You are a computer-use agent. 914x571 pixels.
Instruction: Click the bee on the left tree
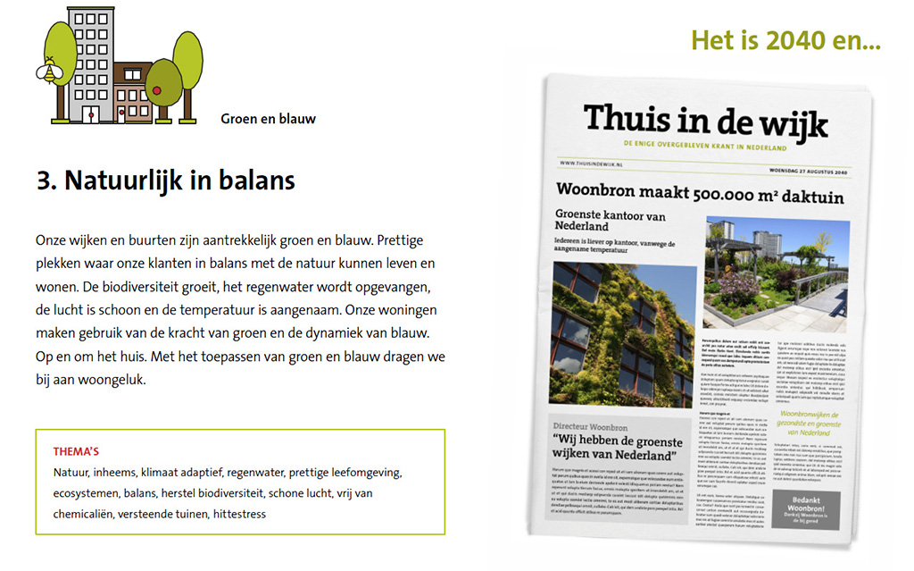coord(45,71)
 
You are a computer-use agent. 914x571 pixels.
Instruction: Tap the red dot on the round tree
coord(158,90)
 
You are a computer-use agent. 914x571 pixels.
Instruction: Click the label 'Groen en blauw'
coord(268,118)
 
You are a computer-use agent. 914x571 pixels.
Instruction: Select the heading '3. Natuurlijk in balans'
coord(165,181)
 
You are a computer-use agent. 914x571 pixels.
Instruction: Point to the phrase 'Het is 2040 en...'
coord(785,41)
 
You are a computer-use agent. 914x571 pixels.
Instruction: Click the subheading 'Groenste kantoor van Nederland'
coord(611,221)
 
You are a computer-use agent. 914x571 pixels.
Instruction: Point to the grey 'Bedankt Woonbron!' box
coord(804,509)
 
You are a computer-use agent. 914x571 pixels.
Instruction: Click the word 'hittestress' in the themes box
coord(239,514)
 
